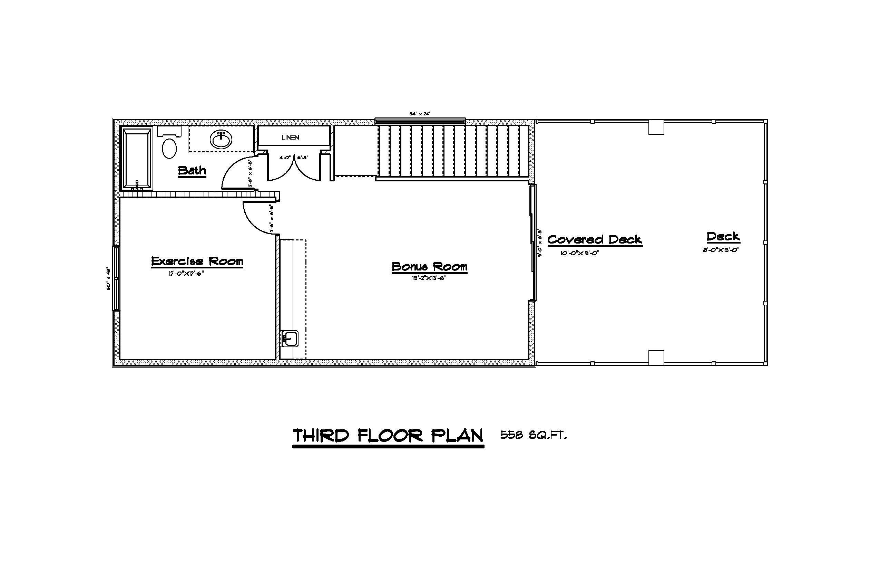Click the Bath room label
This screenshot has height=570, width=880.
[x=192, y=171]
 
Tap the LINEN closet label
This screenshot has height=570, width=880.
[x=290, y=137]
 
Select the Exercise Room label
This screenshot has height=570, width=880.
[x=197, y=261]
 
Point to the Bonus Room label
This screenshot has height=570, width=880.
[x=429, y=266]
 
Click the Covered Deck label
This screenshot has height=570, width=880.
[x=595, y=239]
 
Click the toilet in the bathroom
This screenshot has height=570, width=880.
[x=169, y=148]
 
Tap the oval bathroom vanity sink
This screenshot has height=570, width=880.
[x=221, y=140]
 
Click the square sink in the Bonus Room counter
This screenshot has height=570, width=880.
[x=290, y=338]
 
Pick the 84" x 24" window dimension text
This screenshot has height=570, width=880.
[x=420, y=114]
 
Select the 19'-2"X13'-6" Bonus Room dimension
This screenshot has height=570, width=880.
[x=429, y=278]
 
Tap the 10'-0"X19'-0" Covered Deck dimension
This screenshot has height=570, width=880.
[x=579, y=254]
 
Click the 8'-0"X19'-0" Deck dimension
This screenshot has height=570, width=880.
[x=721, y=250]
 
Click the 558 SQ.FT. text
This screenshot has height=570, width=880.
[x=534, y=435]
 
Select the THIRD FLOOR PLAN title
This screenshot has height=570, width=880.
[x=388, y=436]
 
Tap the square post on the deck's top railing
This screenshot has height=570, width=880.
[x=656, y=128]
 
